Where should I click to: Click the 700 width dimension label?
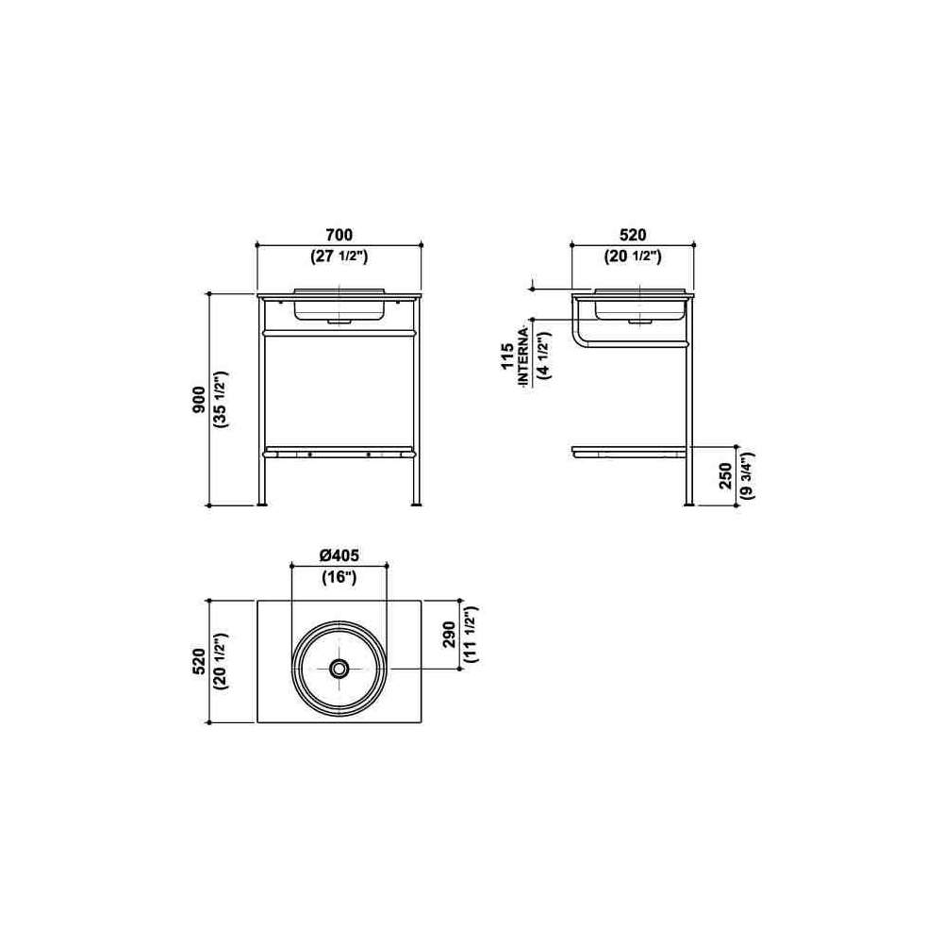click(339, 235)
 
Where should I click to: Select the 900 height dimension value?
click(199, 399)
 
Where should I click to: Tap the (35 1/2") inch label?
click(220, 399)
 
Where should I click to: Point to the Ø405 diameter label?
click(339, 555)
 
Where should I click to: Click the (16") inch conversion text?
click(339, 577)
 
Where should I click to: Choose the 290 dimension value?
click(449, 635)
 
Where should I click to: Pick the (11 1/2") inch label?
click(471, 635)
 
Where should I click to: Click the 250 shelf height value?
click(726, 475)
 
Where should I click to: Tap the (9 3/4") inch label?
click(747, 475)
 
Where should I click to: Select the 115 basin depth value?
click(507, 356)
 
